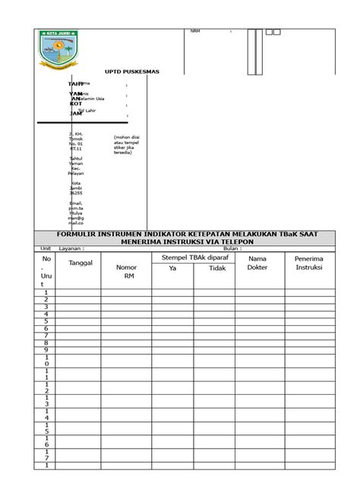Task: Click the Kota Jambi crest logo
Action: tap(58, 51)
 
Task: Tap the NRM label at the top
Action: tap(195, 32)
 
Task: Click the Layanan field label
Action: tap(71, 248)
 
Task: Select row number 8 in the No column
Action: tap(46, 343)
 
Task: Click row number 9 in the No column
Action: tap(46, 350)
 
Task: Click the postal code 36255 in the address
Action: tap(75, 193)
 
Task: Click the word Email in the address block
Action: tap(75, 204)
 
